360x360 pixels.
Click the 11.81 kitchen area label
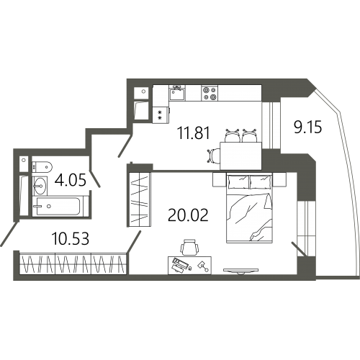point(194,133)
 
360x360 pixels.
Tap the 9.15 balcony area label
point(307,127)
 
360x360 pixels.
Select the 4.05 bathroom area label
point(70,180)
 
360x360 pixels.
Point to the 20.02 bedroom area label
point(188,215)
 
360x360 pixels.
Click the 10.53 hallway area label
point(71,238)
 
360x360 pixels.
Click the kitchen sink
point(177,93)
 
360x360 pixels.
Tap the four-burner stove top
point(210,93)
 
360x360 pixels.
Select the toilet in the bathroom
point(42,166)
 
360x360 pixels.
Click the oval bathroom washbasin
point(40,186)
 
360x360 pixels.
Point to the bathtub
point(58,207)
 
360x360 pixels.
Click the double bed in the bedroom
point(249,208)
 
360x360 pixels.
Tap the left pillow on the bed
point(238,181)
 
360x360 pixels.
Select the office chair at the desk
point(189,247)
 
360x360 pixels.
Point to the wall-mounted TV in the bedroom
point(240,271)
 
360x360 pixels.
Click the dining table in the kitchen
point(240,156)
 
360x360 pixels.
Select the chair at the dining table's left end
point(213,156)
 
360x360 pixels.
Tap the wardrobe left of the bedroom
point(139,199)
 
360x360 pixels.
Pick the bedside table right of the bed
point(279,180)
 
